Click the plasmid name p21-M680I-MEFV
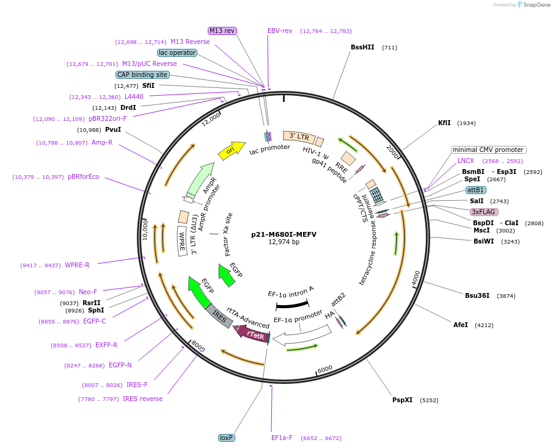tap(284, 234)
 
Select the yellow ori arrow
tap(231, 150)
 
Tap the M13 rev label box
tap(222, 31)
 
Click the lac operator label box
tap(177, 52)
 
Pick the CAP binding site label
tap(142, 74)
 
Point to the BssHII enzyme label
tap(362, 47)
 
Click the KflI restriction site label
tap(444, 123)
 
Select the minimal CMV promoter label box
tap(488, 150)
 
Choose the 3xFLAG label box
tap(484, 212)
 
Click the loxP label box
tap(226, 438)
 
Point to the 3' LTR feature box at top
tap(299, 137)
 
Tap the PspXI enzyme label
tap(402, 400)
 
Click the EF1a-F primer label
tap(282, 438)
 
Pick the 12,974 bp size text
tap(284, 242)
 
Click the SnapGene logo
tap(532, 5)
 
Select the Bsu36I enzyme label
tap(477, 295)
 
